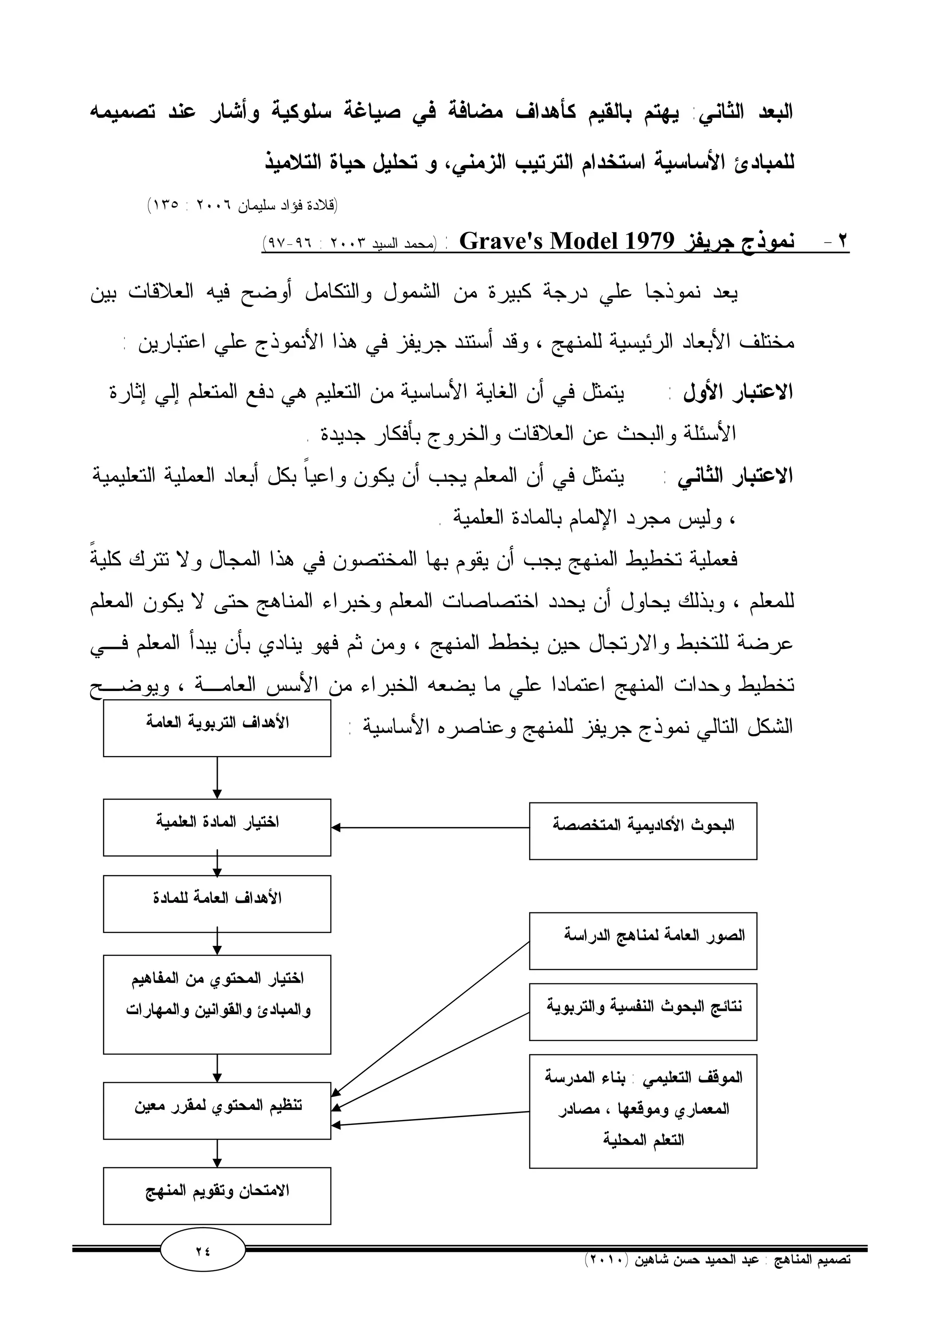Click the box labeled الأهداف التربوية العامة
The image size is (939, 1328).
[x=217, y=728]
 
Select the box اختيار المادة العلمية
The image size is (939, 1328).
[x=217, y=827]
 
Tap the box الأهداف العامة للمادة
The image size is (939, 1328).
[x=217, y=904]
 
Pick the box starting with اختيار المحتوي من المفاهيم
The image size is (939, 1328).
[x=217, y=1004]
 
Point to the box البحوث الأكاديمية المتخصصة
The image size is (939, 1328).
[x=643, y=831]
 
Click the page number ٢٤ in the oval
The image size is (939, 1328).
[x=203, y=1250]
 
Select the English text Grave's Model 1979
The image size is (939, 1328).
[x=567, y=241]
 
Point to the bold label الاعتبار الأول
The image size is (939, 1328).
[x=738, y=393]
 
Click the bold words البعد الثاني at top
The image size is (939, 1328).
[x=746, y=113]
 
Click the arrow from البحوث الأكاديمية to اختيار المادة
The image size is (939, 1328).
[x=430, y=828]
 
